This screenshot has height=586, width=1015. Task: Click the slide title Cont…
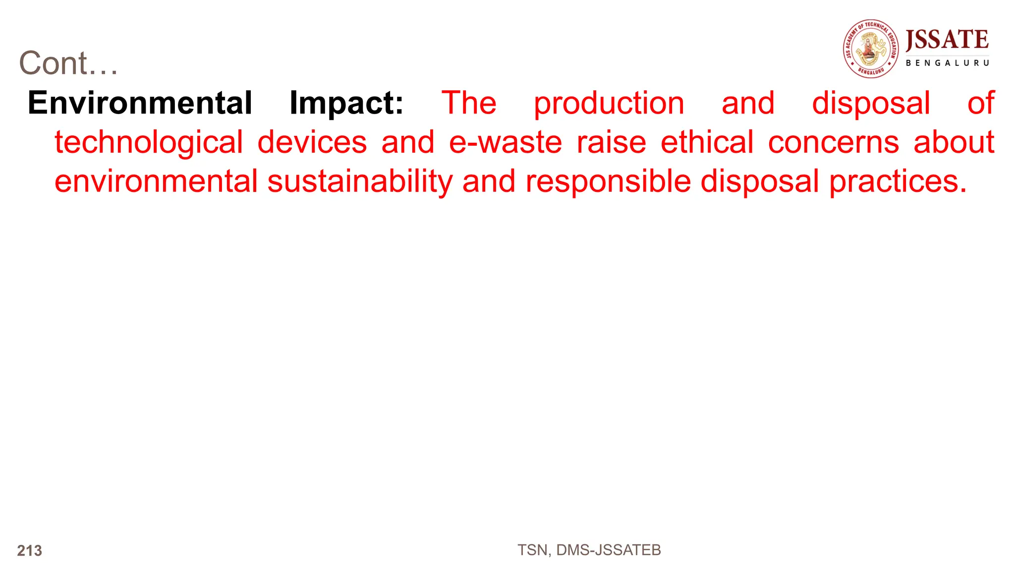tap(68, 63)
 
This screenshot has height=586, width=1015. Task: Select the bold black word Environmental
tap(140, 103)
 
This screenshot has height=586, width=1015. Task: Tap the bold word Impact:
tap(346, 103)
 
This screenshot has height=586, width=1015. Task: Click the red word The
tap(469, 103)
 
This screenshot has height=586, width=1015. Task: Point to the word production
tap(609, 103)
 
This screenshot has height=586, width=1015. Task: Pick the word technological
tap(149, 143)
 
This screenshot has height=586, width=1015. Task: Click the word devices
tap(312, 142)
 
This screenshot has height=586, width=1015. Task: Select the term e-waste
tap(506, 142)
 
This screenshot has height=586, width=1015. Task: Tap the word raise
tap(612, 142)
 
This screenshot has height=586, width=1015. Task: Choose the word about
tap(954, 142)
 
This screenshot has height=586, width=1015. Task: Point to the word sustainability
tap(360, 181)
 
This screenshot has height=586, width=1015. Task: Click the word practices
tap(898, 181)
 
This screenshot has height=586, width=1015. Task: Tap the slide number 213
tap(30, 551)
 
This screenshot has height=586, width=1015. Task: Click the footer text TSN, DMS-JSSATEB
tap(589, 550)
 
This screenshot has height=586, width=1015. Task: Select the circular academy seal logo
tap(871, 49)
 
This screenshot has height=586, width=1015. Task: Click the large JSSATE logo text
tap(947, 40)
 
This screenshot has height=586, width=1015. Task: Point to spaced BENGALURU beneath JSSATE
tap(947, 63)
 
